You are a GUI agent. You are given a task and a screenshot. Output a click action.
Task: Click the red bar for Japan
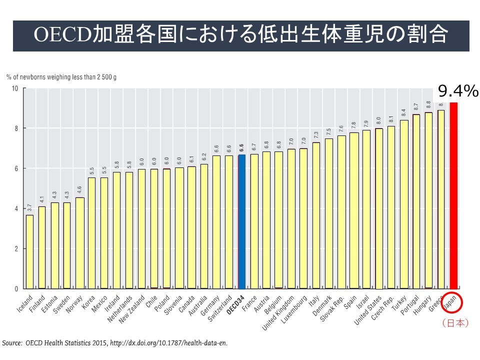[454, 195]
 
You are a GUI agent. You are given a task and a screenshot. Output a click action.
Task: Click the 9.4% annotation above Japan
[458, 91]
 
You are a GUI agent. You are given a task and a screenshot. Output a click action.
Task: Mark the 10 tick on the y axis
[15, 88]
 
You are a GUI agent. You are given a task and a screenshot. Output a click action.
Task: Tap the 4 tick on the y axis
[16, 208]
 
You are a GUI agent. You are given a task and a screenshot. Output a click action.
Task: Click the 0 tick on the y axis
[16, 289]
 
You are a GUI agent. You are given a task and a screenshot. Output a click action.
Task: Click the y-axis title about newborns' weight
[61, 77]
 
